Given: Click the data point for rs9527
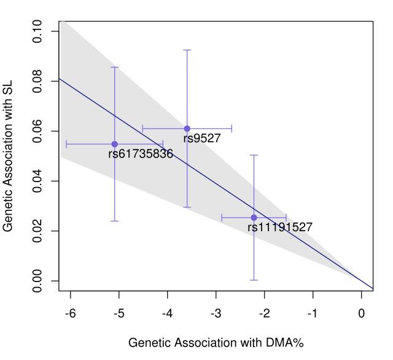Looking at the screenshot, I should point(187,129).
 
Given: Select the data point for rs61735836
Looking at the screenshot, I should point(114,144).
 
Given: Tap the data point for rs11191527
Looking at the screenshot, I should point(254,218).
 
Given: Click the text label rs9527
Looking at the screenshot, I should point(201,139).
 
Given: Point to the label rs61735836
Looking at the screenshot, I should point(141,155).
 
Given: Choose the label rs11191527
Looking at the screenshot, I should point(279,228).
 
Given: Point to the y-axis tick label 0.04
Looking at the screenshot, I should point(37,182).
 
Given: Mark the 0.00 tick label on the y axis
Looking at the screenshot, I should point(37,281).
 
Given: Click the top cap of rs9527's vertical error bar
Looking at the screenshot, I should point(187,50).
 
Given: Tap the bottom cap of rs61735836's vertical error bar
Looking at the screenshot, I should point(114,221).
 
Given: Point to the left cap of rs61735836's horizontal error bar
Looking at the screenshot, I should point(66,144).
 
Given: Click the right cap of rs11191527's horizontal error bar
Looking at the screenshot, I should point(286,218).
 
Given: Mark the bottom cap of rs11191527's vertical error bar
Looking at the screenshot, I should point(254,280).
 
